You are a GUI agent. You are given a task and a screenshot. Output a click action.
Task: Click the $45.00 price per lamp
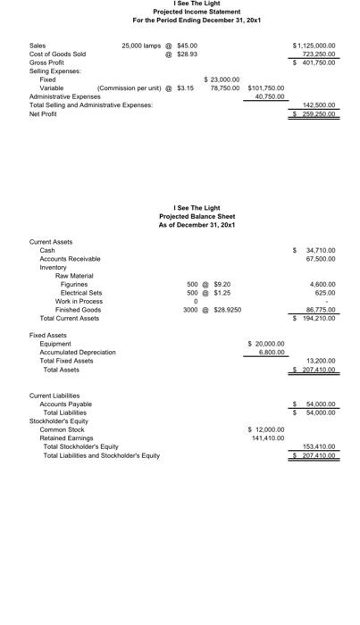pyautogui.click(x=188, y=45)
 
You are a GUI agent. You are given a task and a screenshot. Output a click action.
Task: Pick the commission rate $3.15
pyautogui.click(x=185, y=88)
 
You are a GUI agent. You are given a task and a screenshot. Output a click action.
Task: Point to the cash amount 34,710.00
pyautogui.click(x=320, y=251)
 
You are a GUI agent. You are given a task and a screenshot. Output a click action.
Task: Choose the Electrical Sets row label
pyautogui.click(x=81, y=293)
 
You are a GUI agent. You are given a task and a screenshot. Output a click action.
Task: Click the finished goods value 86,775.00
pyautogui.click(x=320, y=310)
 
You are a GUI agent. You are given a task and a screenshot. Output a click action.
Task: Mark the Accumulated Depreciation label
pyautogui.click(x=78, y=352)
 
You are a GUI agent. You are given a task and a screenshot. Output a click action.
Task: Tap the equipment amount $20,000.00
pyautogui.click(x=266, y=343)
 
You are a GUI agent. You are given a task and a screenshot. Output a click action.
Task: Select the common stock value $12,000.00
pyautogui.click(x=266, y=429)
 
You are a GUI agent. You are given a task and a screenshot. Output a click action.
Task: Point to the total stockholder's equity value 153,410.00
pyautogui.click(x=318, y=446)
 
